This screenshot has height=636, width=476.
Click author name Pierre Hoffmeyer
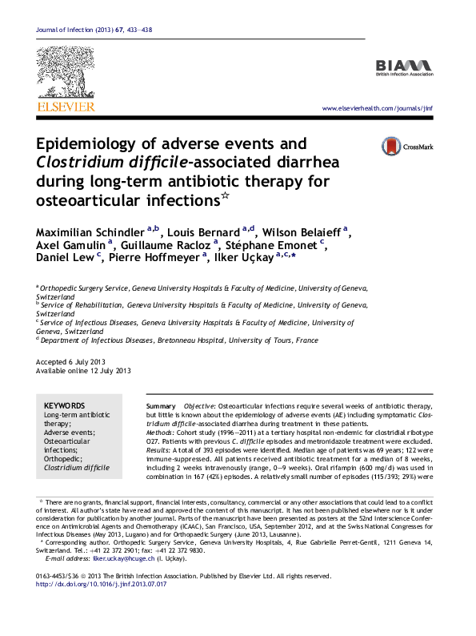point(155,258)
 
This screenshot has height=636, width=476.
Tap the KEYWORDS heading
point(63,407)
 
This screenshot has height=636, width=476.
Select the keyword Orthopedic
point(64,459)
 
